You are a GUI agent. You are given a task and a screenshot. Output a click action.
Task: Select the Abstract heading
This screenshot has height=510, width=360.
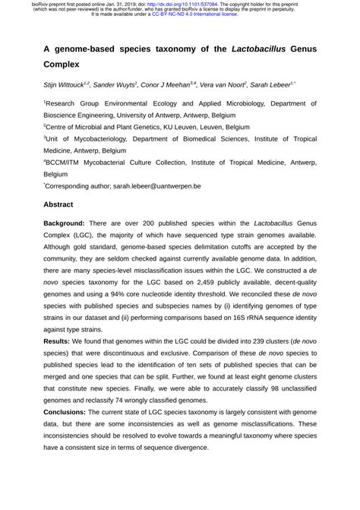point(58,205)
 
